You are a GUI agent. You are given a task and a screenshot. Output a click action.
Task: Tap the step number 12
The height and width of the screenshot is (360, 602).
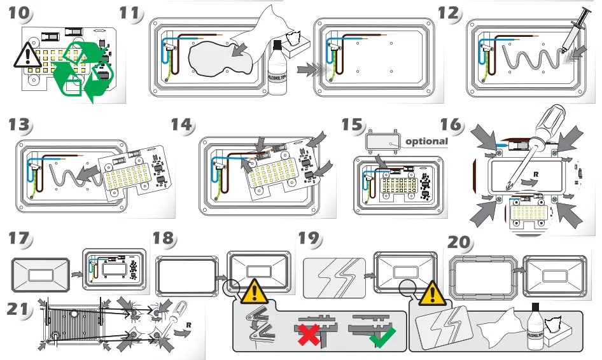[x=449, y=13]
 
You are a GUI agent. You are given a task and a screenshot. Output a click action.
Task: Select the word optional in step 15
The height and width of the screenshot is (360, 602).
[x=426, y=141]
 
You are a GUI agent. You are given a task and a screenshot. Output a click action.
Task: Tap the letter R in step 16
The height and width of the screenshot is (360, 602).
[x=536, y=172]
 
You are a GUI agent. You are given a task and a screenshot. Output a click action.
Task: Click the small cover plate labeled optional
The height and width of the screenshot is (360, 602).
[x=381, y=141]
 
